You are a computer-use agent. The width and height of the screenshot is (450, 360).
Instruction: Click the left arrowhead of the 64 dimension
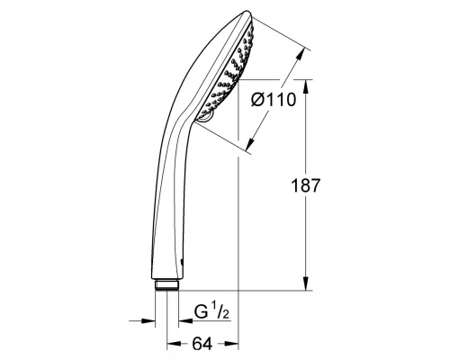point(172,344)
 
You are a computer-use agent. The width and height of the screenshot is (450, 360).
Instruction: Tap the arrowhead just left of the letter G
point(179,319)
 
